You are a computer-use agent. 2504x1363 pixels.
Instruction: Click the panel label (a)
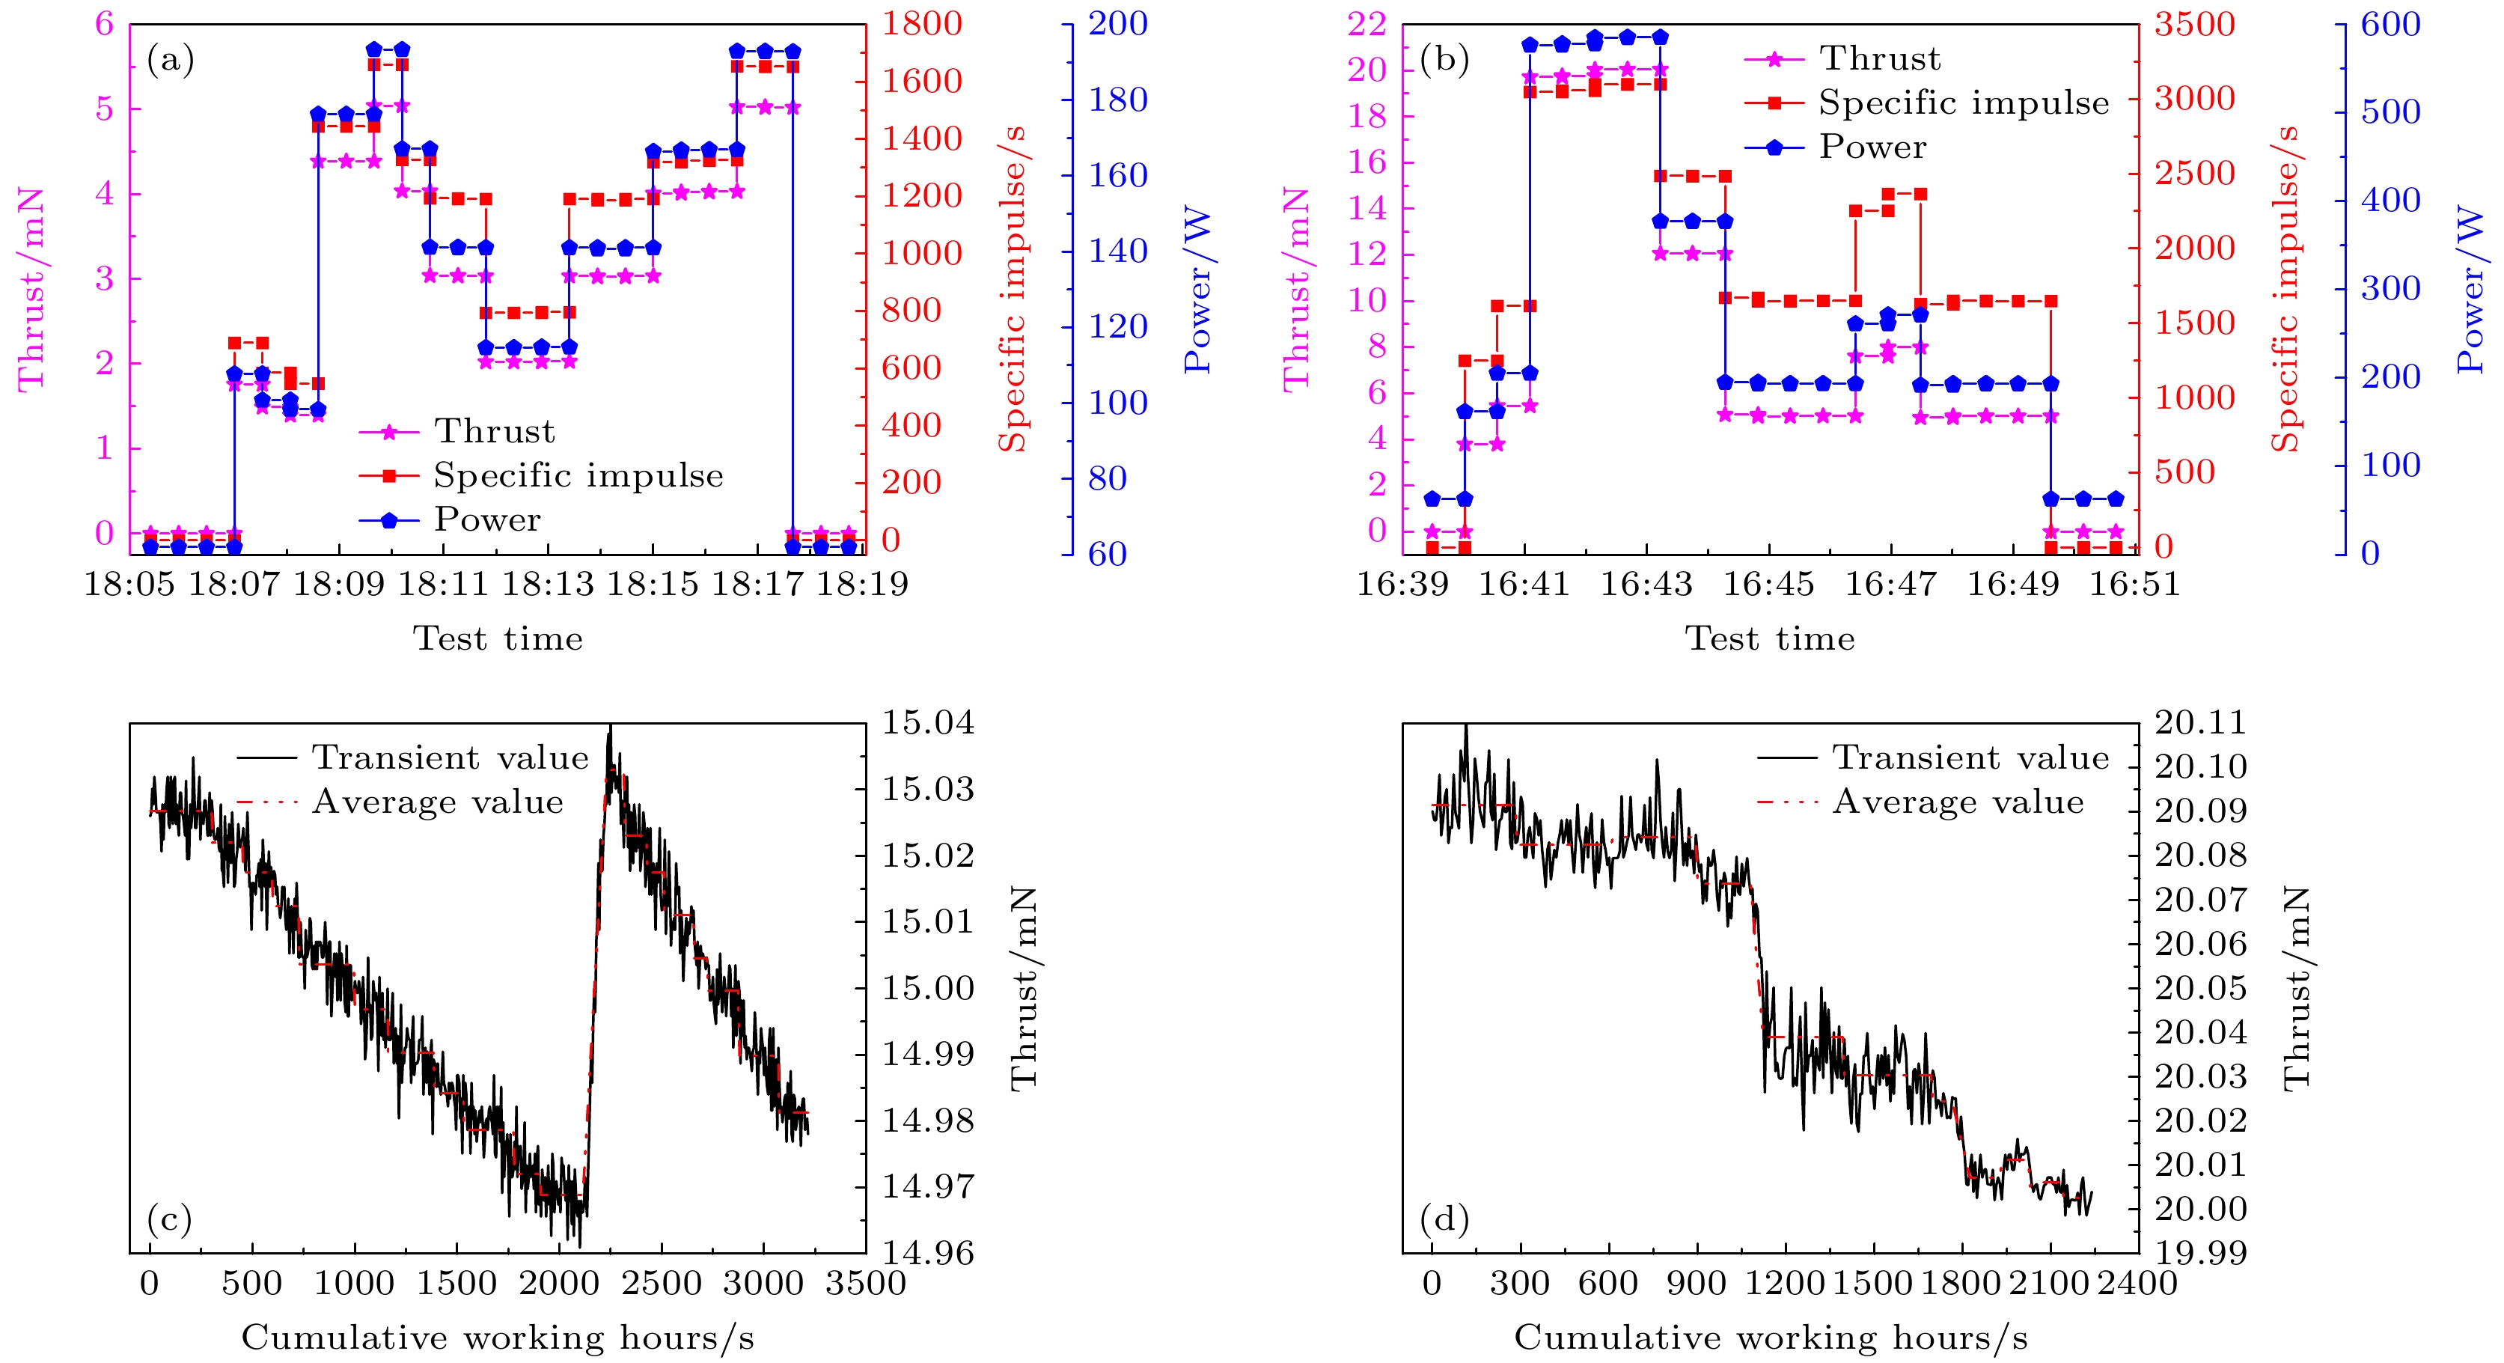(170, 61)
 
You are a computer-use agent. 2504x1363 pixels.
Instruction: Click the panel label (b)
(1444, 61)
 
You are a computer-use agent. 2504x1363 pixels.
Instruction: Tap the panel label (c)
(169, 1218)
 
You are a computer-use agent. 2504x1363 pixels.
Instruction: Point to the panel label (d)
(1444, 1218)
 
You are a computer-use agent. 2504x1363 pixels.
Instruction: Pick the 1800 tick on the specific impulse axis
(921, 23)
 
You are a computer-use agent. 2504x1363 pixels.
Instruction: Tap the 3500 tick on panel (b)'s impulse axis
(2195, 23)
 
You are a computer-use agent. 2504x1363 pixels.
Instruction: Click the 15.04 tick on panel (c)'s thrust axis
(927, 722)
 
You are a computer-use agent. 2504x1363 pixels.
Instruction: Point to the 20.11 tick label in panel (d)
(2201, 722)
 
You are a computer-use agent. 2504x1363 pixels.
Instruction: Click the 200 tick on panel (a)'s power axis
(1118, 23)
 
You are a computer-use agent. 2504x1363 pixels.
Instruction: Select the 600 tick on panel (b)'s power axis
(2391, 23)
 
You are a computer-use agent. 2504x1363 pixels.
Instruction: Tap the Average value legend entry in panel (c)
(438, 802)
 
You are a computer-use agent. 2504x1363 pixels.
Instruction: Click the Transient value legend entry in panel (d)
(1970, 757)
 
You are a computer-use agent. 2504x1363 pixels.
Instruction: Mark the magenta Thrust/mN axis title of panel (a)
(31, 289)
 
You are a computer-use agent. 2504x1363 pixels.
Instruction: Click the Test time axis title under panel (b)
(1769, 638)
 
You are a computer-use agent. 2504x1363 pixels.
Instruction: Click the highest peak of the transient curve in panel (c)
(611, 728)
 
